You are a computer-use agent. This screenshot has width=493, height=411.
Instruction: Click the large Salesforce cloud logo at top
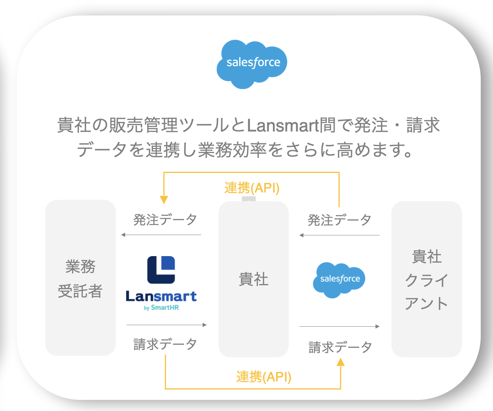click(x=252, y=64)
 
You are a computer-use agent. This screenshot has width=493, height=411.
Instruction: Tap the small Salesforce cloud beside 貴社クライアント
click(x=340, y=279)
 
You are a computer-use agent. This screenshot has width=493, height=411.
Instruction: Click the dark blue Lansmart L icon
click(x=161, y=270)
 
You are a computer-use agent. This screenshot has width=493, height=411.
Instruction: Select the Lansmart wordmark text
click(x=161, y=296)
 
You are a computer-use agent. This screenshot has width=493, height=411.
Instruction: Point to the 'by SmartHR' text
click(x=161, y=307)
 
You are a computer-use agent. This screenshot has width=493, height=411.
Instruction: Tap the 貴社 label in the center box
click(x=253, y=279)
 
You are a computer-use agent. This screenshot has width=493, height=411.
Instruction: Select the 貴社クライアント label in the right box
click(x=426, y=280)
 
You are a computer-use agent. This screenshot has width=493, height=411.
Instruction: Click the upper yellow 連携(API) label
click(x=252, y=188)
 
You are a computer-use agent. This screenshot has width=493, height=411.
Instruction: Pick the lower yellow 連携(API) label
click(x=264, y=377)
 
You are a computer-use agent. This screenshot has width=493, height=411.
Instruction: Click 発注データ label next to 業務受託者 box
click(x=165, y=220)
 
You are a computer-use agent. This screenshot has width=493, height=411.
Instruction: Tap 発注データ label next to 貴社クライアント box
click(x=339, y=220)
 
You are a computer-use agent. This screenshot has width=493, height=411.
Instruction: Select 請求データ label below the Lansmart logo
click(x=165, y=344)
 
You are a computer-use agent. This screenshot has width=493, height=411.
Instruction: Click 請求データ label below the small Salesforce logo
click(x=340, y=347)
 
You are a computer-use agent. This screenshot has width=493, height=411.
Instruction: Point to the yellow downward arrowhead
click(x=164, y=200)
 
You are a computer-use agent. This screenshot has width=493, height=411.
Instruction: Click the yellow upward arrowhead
click(x=340, y=362)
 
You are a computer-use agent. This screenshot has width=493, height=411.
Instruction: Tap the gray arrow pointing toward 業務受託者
click(x=161, y=235)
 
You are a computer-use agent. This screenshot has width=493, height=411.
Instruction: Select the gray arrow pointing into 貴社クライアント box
click(x=340, y=327)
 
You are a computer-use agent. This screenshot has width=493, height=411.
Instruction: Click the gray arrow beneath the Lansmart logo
click(x=166, y=325)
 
